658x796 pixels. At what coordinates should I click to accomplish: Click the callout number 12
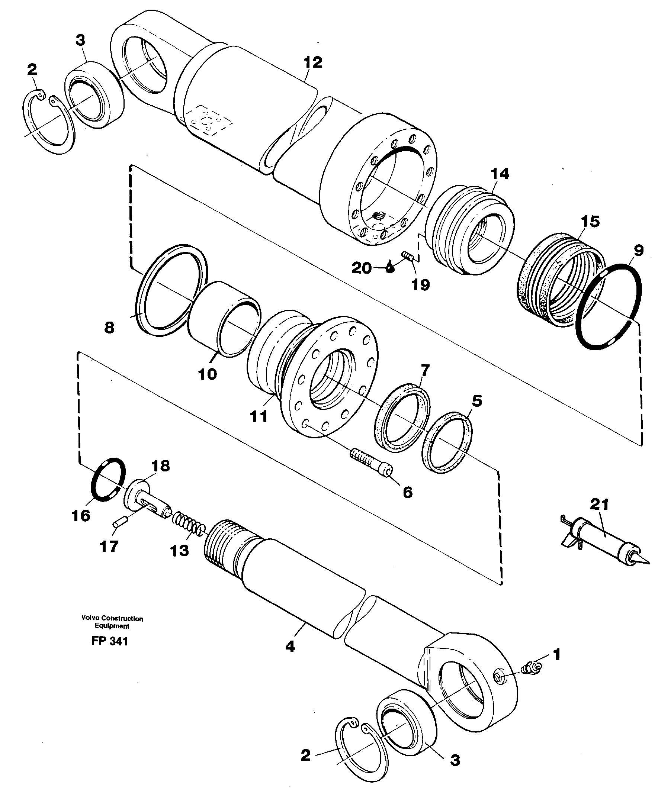(x=313, y=62)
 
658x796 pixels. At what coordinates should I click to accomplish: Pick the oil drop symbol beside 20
(x=390, y=267)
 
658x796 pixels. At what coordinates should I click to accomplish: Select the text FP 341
(x=109, y=641)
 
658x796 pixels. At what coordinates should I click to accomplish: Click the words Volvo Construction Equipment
(x=112, y=622)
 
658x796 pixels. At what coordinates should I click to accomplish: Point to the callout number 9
(x=638, y=250)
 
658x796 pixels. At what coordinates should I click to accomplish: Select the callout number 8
(x=109, y=327)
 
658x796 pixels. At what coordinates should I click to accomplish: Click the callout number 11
(x=259, y=416)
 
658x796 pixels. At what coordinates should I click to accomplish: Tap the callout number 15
(x=590, y=221)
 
